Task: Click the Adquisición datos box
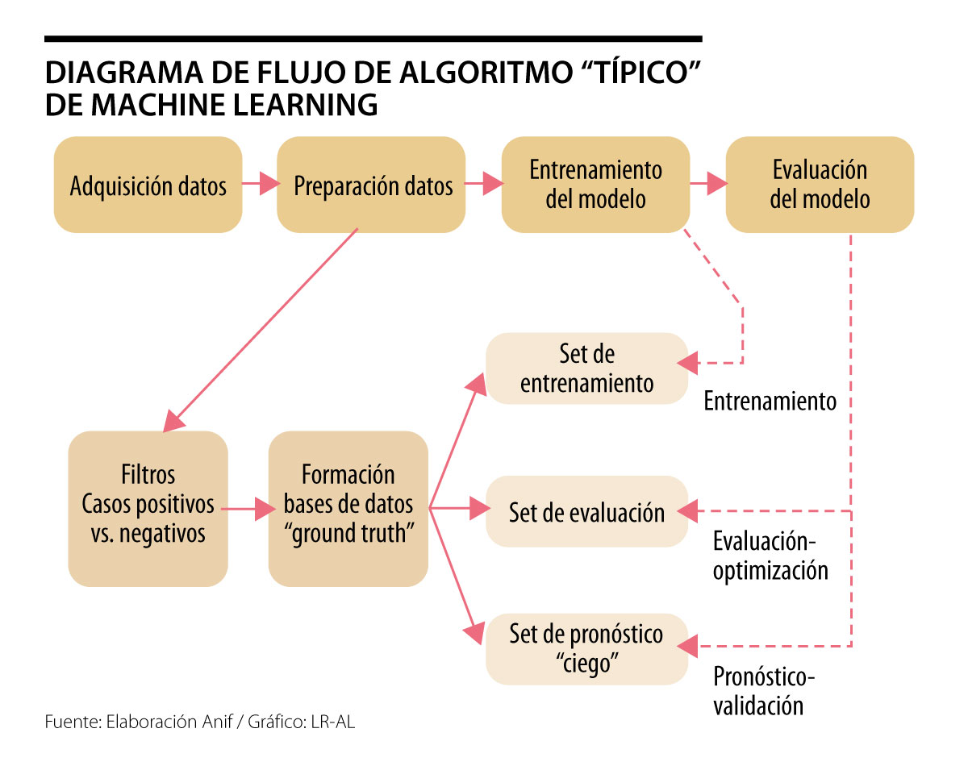(x=148, y=185)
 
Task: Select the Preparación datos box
(x=371, y=185)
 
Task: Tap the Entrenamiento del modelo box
(x=595, y=185)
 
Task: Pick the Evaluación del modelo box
(x=820, y=185)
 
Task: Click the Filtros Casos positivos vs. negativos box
(x=148, y=509)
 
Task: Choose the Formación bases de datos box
(x=348, y=509)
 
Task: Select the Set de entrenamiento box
(x=586, y=368)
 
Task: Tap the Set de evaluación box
(x=586, y=512)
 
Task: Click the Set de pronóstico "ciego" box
(x=586, y=649)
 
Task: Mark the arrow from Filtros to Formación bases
(x=248, y=509)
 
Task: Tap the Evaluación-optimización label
(x=770, y=555)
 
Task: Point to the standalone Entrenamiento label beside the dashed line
(x=770, y=401)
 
